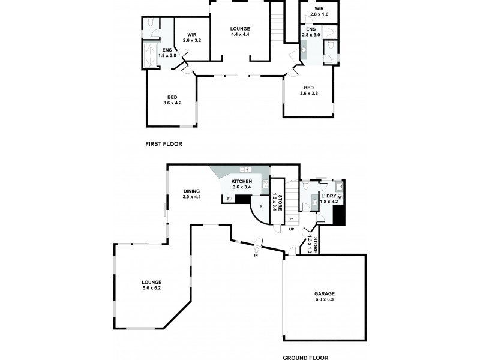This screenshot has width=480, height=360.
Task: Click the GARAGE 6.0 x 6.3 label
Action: click(x=324, y=297)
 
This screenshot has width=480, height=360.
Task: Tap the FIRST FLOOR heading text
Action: click(x=164, y=144)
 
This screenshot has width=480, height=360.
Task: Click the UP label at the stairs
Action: click(x=292, y=229)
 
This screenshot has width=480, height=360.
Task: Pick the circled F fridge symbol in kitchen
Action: click(x=229, y=198)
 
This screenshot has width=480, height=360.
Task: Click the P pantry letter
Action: click(x=260, y=206)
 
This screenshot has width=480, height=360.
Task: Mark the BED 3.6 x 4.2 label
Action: click(x=172, y=100)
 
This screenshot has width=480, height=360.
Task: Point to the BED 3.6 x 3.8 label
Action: click(x=309, y=91)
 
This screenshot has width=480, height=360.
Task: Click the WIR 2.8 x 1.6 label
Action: click(x=319, y=11)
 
